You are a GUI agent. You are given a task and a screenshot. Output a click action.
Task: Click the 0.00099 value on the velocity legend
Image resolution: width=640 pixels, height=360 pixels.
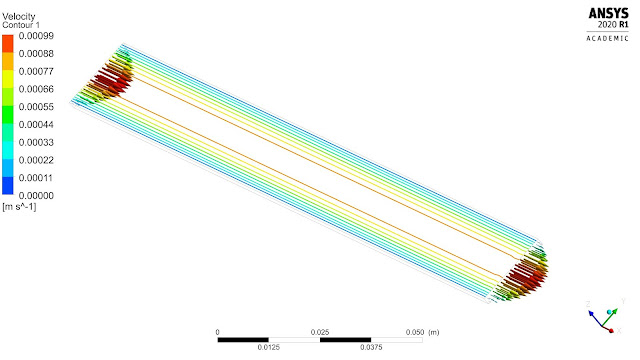[36, 36]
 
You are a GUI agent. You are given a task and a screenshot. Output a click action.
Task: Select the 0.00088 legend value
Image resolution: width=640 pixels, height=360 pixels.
[36, 53]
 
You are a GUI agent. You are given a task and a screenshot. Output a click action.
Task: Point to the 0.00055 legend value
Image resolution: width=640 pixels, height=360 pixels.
[36, 107]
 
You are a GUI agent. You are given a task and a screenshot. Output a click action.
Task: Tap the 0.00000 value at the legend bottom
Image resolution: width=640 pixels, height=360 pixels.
[36, 196]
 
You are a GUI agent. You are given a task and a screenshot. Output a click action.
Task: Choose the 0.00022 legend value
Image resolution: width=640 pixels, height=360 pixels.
[36, 160]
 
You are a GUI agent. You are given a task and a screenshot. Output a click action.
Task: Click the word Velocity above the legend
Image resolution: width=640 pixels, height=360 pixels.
[19, 17]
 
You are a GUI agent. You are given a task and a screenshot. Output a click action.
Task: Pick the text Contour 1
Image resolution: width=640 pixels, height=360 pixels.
[21, 25]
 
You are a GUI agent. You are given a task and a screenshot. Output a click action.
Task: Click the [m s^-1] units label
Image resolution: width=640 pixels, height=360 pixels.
[19, 207]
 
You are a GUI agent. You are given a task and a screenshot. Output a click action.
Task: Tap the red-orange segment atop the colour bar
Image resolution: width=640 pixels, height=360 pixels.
[8, 44]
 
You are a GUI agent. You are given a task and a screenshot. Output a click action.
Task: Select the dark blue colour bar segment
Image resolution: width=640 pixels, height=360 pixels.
[8, 185]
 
